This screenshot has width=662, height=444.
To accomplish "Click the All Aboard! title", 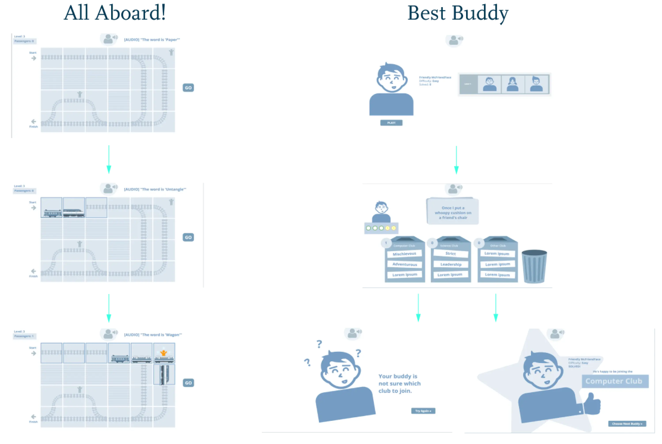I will pyautogui.click(x=114, y=13).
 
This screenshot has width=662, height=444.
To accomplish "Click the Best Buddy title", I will pyautogui.click(x=457, y=14).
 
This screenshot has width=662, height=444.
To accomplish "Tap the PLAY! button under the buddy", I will pyautogui.click(x=391, y=123).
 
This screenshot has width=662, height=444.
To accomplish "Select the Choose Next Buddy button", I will pyautogui.click(x=627, y=424).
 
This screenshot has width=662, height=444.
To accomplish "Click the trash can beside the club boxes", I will pyautogui.click(x=534, y=266).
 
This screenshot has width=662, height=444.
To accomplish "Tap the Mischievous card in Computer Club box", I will pyautogui.click(x=404, y=254).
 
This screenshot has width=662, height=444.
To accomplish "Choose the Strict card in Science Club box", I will pyautogui.click(x=450, y=253).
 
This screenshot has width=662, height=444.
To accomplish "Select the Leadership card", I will pyautogui.click(x=451, y=264).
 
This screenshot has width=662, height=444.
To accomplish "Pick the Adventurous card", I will pyautogui.click(x=404, y=264).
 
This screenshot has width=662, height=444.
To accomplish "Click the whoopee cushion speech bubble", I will pyautogui.click(x=453, y=212).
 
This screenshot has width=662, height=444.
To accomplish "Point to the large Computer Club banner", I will pyautogui.click(x=615, y=381).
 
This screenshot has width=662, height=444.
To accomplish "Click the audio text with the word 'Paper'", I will pyautogui.click(x=152, y=40).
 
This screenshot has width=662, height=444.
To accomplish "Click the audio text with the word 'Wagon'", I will pyautogui.click(x=153, y=335).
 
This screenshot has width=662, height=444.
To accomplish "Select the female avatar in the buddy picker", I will pyautogui.click(x=512, y=84).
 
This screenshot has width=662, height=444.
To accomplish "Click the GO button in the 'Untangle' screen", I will pyautogui.click(x=188, y=237).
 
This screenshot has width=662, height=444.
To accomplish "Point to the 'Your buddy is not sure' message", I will pyautogui.click(x=399, y=383).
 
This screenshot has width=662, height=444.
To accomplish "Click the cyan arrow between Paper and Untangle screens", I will pyautogui.click(x=109, y=160).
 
